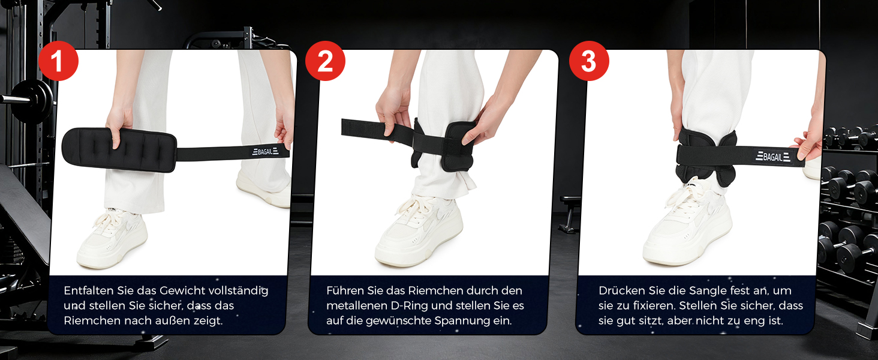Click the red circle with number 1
coord(58,61)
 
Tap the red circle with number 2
coord(325,61)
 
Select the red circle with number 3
coord(589,61)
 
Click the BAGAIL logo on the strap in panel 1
coord(265,151)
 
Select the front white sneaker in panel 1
coord(112,239)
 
